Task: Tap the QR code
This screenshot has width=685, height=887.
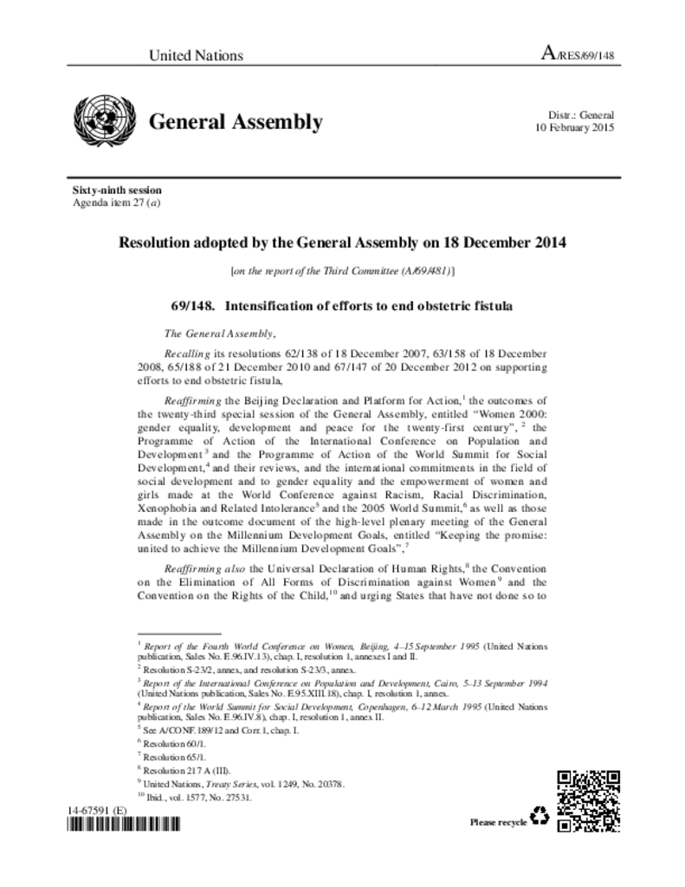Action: coord(588,800)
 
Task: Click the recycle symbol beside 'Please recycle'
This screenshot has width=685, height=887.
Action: coord(540,816)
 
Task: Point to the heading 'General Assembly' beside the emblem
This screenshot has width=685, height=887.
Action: coord(236,122)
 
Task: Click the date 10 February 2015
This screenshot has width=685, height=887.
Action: coord(574,127)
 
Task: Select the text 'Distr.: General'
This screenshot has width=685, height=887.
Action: coord(581,115)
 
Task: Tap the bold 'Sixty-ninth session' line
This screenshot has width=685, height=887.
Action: coord(116,191)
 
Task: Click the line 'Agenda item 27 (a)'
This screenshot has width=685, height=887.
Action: coord(117,203)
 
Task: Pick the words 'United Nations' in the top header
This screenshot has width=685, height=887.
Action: coord(196,56)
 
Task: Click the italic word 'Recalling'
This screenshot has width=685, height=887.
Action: coord(188,354)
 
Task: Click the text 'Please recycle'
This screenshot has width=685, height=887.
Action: coord(498,822)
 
